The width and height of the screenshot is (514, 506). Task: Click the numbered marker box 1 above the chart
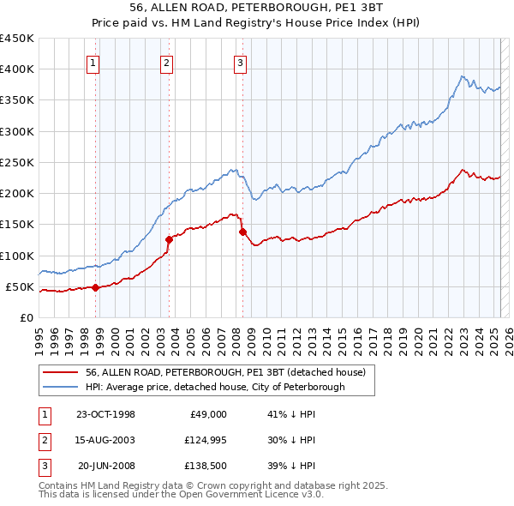(x=92, y=62)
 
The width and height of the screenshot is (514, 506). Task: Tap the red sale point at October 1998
(x=96, y=287)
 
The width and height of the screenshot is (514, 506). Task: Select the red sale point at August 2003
(x=169, y=240)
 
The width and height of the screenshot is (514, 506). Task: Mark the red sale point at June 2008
(x=242, y=232)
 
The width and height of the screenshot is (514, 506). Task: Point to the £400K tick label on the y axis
(x=17, y=69)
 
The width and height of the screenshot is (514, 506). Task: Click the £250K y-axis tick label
(x=17, y=162)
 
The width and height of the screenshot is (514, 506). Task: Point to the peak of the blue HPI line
(x=462, y=76)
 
